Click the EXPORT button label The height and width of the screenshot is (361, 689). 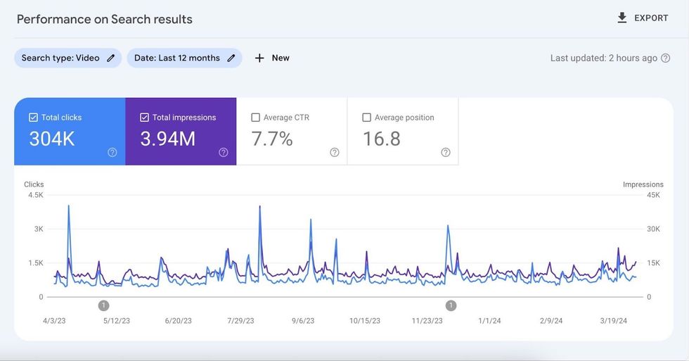[651, 18]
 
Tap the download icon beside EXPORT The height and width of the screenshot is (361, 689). [622, 18]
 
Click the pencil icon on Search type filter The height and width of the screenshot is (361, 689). [110, 58]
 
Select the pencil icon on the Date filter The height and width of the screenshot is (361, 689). [231, 58]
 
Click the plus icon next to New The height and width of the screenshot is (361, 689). [259, 58]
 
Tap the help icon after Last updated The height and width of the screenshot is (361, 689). [665, 58]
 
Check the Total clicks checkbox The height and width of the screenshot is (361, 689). [33, 118]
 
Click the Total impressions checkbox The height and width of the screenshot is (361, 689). [144, 118]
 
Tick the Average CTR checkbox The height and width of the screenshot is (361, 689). [255, 118]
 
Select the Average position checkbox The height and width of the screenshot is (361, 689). [366, 118]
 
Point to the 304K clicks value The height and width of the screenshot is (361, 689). [52, 139]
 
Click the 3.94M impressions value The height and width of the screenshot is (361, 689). [167, 139]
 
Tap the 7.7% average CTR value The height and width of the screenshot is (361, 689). [271, 139]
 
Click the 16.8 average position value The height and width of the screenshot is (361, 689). [381, 139]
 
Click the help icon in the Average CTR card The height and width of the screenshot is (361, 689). [335, 152]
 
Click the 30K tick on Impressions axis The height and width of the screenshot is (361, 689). [653, 229]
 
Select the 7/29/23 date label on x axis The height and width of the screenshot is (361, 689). [240, 321]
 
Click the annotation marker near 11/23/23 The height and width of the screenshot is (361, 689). [451, 305]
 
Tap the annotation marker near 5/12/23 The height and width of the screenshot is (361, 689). [104, 305]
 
